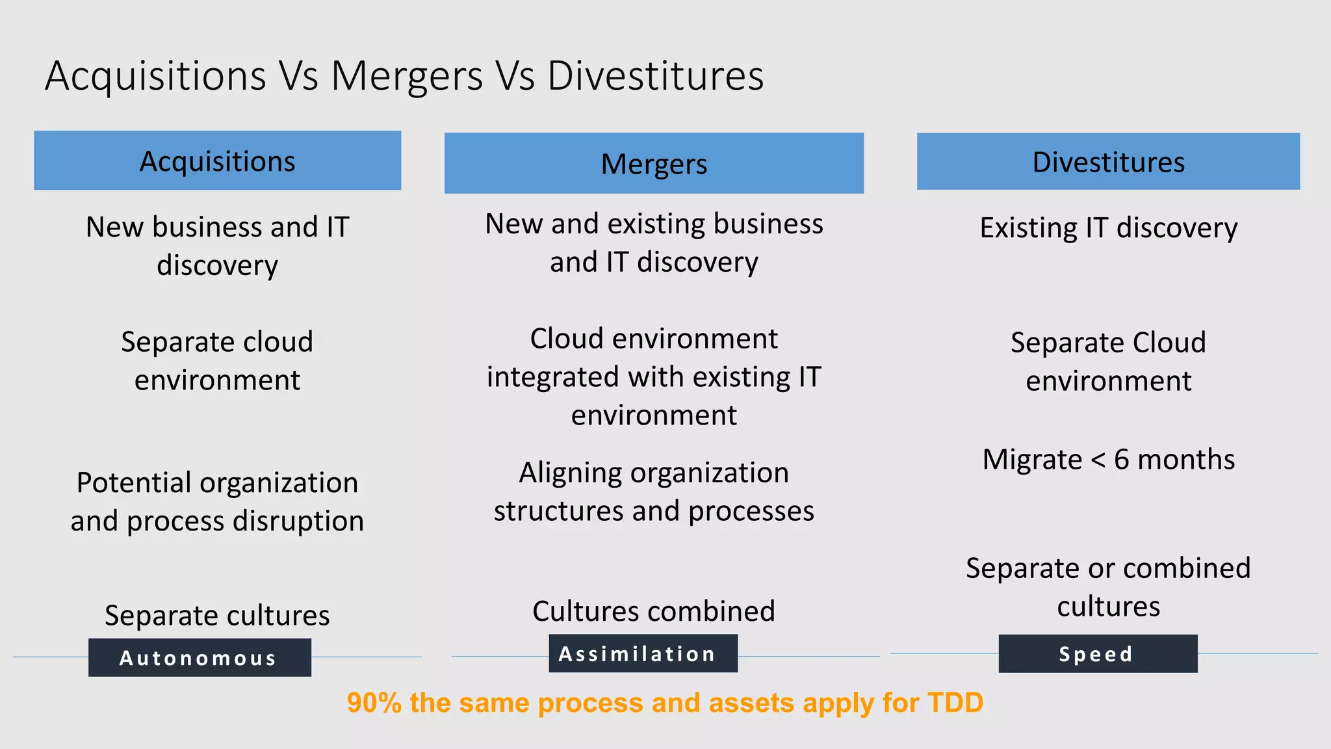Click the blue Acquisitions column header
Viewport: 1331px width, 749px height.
pos(217,161)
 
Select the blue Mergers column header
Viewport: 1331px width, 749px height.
pos(654,163)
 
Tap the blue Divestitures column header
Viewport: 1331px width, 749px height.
pos(1108,162)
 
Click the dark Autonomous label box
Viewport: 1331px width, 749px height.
pos(200,657)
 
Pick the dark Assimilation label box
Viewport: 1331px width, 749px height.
pos(643,653)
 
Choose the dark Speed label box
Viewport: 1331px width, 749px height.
pos(1098,653)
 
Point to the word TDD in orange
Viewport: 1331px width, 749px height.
pos(955,703)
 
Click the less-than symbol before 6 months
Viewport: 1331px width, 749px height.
pos(1098,460)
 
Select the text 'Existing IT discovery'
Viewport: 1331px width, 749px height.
pos(1108,228)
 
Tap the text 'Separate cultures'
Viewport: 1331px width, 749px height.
pos(217,615)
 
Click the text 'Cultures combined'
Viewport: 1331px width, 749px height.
pos(654,611)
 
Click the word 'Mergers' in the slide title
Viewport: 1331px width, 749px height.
pos(407,76)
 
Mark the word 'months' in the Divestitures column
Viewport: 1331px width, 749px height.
pos(1186,460)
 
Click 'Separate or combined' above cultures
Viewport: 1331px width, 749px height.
pos(1108,568)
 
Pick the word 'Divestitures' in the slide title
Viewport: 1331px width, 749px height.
pos(655,76)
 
